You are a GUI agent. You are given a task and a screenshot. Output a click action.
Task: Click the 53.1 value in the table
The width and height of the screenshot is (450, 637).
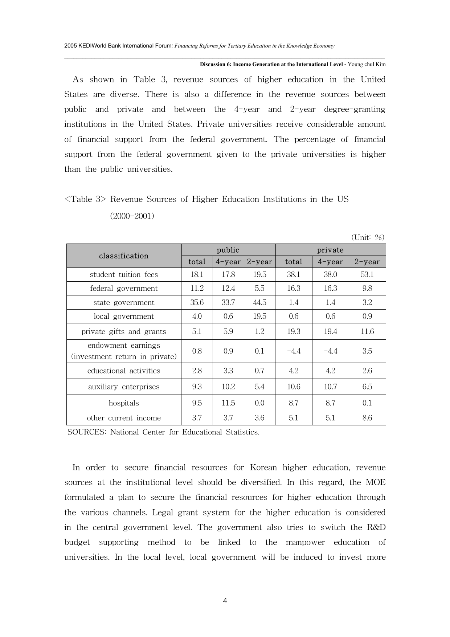pyautogui.click(x=367, y=274)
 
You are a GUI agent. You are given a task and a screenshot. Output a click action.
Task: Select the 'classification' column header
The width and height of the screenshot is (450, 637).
pyautogui.click(x=124, y=256)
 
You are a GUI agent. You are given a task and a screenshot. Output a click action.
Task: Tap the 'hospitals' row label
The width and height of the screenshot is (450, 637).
pyautogui.click(x=124, y=403)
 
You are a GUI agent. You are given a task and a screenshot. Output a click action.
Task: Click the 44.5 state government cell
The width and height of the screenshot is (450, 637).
pyautogui.click(x=259, y=302)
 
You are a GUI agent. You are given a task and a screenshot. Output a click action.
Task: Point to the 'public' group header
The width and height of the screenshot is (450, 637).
pyautogui.click(x=228, y=250)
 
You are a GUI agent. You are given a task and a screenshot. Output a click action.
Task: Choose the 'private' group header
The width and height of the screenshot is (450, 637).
pyautogui.click(x=330, y=250)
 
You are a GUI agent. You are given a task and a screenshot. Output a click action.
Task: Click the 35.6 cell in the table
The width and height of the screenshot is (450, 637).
pyautogui.click(x=197, y=302)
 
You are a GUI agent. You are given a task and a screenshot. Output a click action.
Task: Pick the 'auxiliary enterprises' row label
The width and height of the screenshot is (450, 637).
pyautogui.click(x=124, y=387)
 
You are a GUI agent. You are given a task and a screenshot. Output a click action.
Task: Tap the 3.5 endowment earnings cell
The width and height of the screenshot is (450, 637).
pyautogui.click(x=367, y=351)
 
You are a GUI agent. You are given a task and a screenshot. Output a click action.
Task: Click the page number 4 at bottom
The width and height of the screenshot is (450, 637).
pyautogui.click(x=225, y=601)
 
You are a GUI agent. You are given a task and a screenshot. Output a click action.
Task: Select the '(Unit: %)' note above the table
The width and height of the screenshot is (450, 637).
pyautogui.click(x=368, y=237)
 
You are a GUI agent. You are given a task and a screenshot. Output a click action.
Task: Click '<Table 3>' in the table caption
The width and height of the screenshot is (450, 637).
pyautogui.click(x=85, y=199)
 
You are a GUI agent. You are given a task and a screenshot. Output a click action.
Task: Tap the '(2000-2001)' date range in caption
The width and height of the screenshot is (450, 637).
pyautogui.click(x=132, y=216)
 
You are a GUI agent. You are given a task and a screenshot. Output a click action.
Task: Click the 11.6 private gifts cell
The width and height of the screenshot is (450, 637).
pyautogui.click(x=367, y=331)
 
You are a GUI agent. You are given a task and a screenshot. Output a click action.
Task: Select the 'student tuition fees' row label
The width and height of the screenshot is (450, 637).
pyautogui.click(x=124, y=274)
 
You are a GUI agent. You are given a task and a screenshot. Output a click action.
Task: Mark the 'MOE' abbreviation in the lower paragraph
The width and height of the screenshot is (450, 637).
pyautogui.click(x=375, y=482)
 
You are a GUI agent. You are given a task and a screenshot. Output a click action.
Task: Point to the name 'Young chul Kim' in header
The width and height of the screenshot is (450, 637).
pyautogui.click(x=367, y=64)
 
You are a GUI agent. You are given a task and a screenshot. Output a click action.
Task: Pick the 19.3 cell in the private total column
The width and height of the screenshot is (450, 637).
pyautogui.click(x=294, y=331)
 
